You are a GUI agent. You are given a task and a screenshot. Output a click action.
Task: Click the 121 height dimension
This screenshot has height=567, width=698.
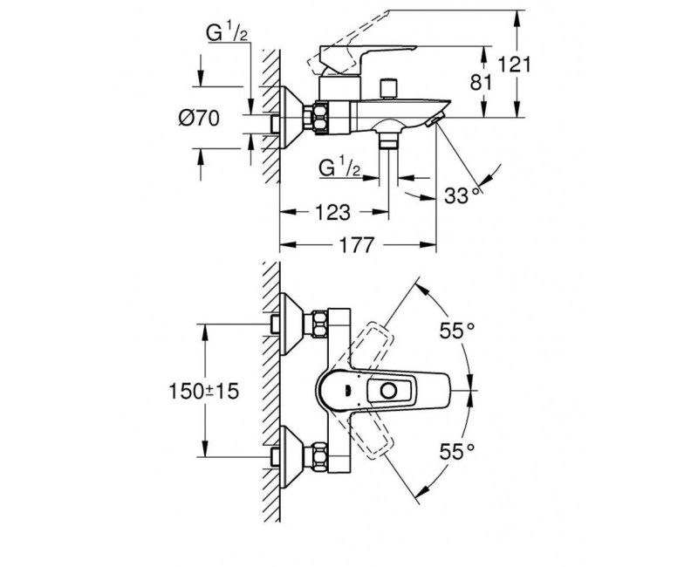click(x=514, y=65)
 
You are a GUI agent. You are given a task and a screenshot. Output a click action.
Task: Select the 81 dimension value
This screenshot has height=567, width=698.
click(x=482, y=82)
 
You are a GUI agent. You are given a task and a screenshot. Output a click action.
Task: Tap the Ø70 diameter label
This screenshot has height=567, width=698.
click(x=199, y=119)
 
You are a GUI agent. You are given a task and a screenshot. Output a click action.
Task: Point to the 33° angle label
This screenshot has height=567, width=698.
click(x=463, y=195)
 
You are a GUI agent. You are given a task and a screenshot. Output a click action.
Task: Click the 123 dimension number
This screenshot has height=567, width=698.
click(x=332, y=212)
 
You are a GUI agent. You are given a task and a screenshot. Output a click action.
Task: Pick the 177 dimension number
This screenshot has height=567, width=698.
click(x=356, y=245)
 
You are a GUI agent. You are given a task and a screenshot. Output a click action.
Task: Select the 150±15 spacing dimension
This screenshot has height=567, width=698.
click(x=204, y=391)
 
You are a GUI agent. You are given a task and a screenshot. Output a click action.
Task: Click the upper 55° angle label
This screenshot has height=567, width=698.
click(x=456, y=331)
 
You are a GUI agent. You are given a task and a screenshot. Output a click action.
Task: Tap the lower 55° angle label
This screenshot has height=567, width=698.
click(x=456, y=452)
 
